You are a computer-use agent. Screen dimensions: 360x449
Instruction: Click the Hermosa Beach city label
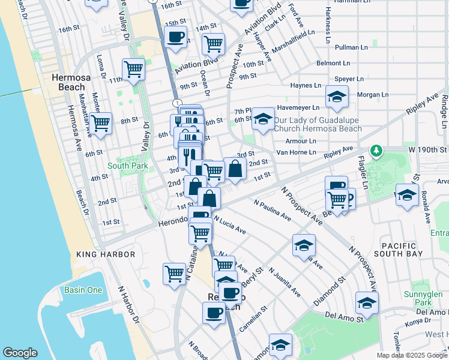(68, 82)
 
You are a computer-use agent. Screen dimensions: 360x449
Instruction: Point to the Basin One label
(83, 291)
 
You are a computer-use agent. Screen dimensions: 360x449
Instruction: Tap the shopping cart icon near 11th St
(133, 68)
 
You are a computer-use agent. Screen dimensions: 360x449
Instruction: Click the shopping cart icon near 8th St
(101, 123)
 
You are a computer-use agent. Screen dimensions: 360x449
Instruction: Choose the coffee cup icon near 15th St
(176, 37)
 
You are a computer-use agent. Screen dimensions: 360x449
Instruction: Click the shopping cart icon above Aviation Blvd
(213, 43)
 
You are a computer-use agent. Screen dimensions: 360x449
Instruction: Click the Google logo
(20, 353)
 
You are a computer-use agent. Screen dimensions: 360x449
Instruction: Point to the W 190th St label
(429, 149)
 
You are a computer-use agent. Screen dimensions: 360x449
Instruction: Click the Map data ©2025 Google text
(411, 355)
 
